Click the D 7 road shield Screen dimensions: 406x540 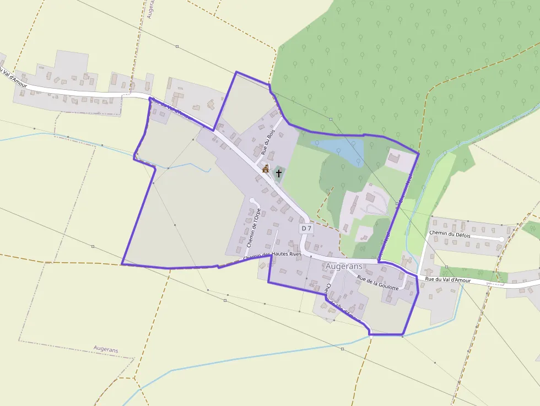(306, 228)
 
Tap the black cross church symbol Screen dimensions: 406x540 (279, 174)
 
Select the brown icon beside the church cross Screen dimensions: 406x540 (266, 169)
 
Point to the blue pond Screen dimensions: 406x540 (342, 148)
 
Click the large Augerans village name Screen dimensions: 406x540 (344, 266)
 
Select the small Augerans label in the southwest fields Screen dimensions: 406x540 (106, 349)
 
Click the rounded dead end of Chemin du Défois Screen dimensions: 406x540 (500, 240)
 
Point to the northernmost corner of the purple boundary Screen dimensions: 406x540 (236, 72)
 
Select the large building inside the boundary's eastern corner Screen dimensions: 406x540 (395, 159)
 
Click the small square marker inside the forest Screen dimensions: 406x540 (331, 119)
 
